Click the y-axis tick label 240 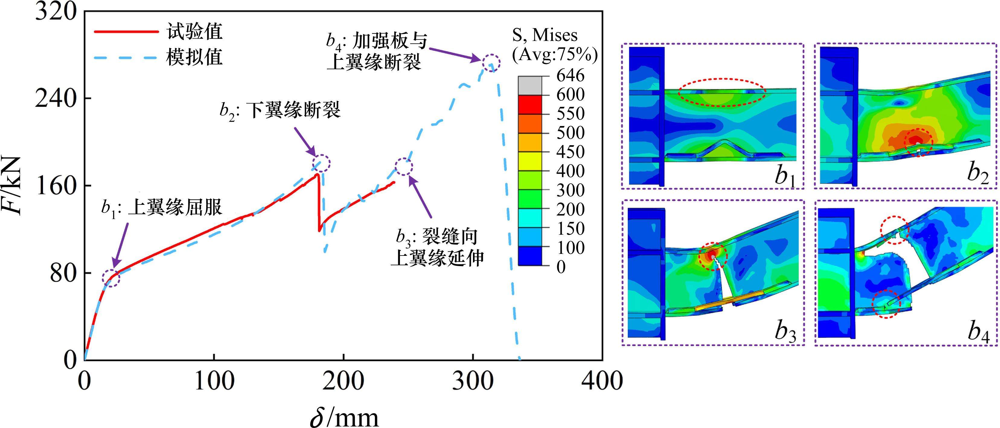(55, 99)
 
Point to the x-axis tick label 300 (473, 381)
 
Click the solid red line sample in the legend (126, 31)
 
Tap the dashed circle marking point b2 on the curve (321, 163)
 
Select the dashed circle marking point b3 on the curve (404, 167)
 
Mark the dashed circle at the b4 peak (491, 62)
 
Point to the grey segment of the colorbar (529, 85)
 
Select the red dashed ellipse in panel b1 (722, 92)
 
